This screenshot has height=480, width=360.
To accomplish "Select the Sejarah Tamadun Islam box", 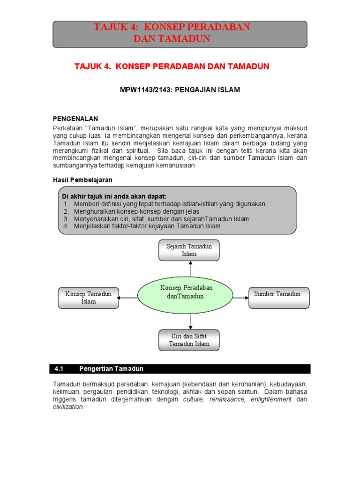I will [x=189, y=250].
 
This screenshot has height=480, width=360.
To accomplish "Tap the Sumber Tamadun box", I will [x=278, y=298].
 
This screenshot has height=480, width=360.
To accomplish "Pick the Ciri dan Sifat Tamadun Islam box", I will [x=189, y=340].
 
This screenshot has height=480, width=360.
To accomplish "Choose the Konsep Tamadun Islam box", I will [x=88, y=298].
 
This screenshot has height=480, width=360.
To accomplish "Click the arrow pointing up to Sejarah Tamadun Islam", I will [x=190, y=269].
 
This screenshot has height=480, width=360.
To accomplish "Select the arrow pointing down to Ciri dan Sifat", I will [x=190, y=322].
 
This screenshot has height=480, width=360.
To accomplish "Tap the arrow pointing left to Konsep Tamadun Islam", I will [x=127, y=298].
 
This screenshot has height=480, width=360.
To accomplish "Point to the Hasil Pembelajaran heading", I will [x=82, y=180].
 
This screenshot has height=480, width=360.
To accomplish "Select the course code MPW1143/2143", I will [x=144, y=90].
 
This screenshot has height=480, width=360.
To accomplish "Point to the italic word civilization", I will [x=68, y=407].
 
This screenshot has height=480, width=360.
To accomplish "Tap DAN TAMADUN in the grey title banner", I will [x=172, y=38].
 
